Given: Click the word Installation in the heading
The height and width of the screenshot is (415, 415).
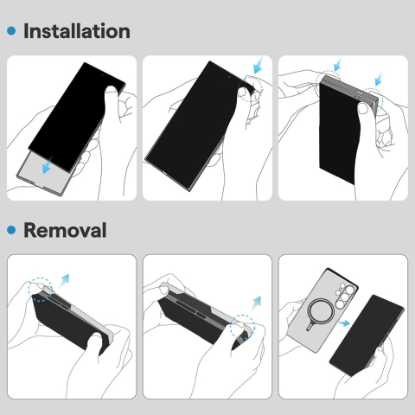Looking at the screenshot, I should pyautogui.click(x=76, y=31).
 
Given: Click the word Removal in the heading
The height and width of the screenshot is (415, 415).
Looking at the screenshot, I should pyautogui.click(x=65, y=231).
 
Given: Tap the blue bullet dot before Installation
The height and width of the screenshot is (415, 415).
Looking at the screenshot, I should pyautogui.click(x=11, y=31).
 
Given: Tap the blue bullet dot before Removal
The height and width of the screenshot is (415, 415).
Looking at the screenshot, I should pyautogui.click(x=11, y=231).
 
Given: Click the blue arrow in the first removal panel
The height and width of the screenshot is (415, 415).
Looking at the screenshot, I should pyautogui.click(x=64, y=279).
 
